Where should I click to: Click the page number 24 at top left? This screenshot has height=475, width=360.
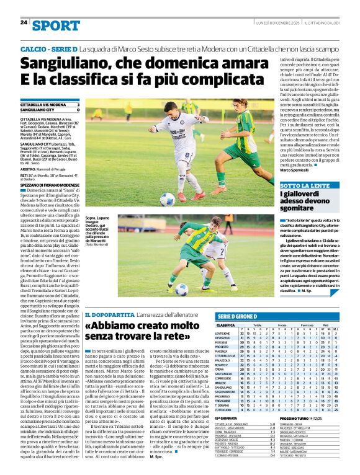tap(24, 23)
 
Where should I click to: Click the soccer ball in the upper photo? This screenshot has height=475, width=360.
tap(168, 199)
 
